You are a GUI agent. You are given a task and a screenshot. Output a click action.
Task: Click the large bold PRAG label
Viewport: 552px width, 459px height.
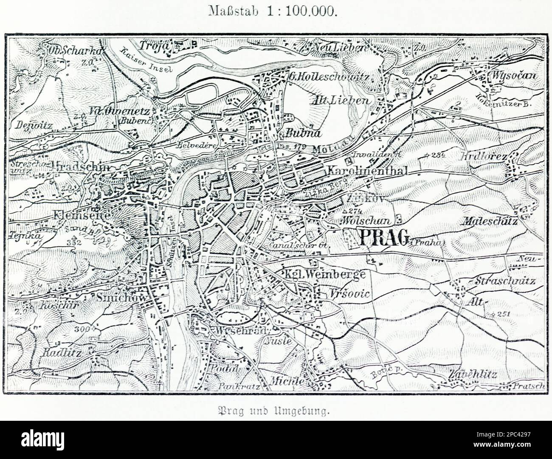(x=384, y=238)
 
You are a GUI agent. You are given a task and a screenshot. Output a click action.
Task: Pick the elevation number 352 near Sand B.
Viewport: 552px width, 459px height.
(x=75, y=242)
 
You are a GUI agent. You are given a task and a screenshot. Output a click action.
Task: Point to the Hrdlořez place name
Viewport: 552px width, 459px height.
(x=483, y=157)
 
